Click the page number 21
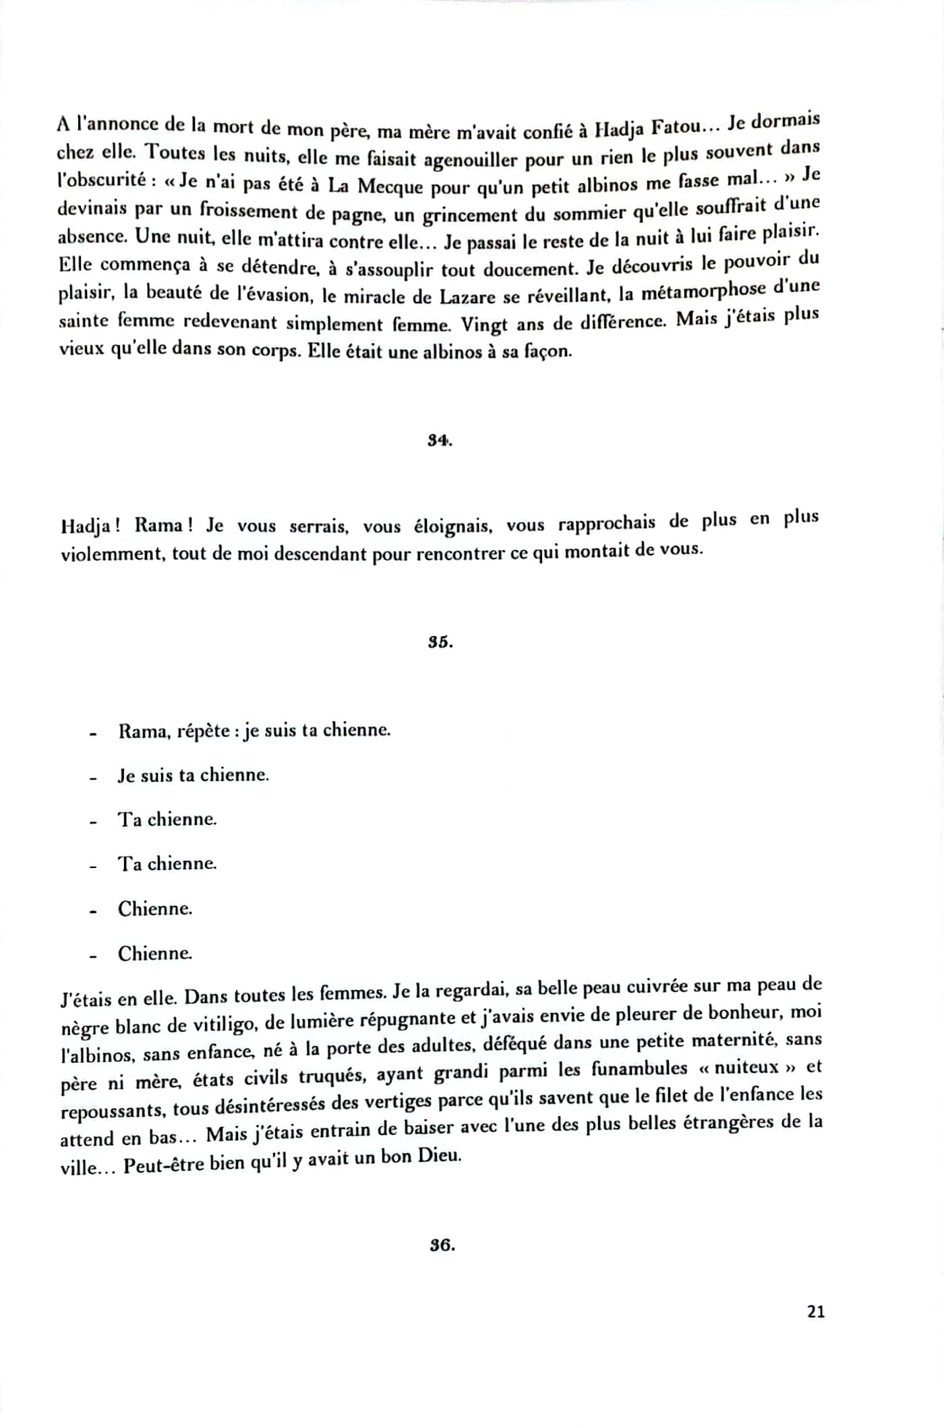click(x=815, y=1311)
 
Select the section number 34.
click(x=440, y=441)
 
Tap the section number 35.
click(x=440, y=642)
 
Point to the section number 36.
click(x=442, y=1245)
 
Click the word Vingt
click(x=484, y=324)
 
